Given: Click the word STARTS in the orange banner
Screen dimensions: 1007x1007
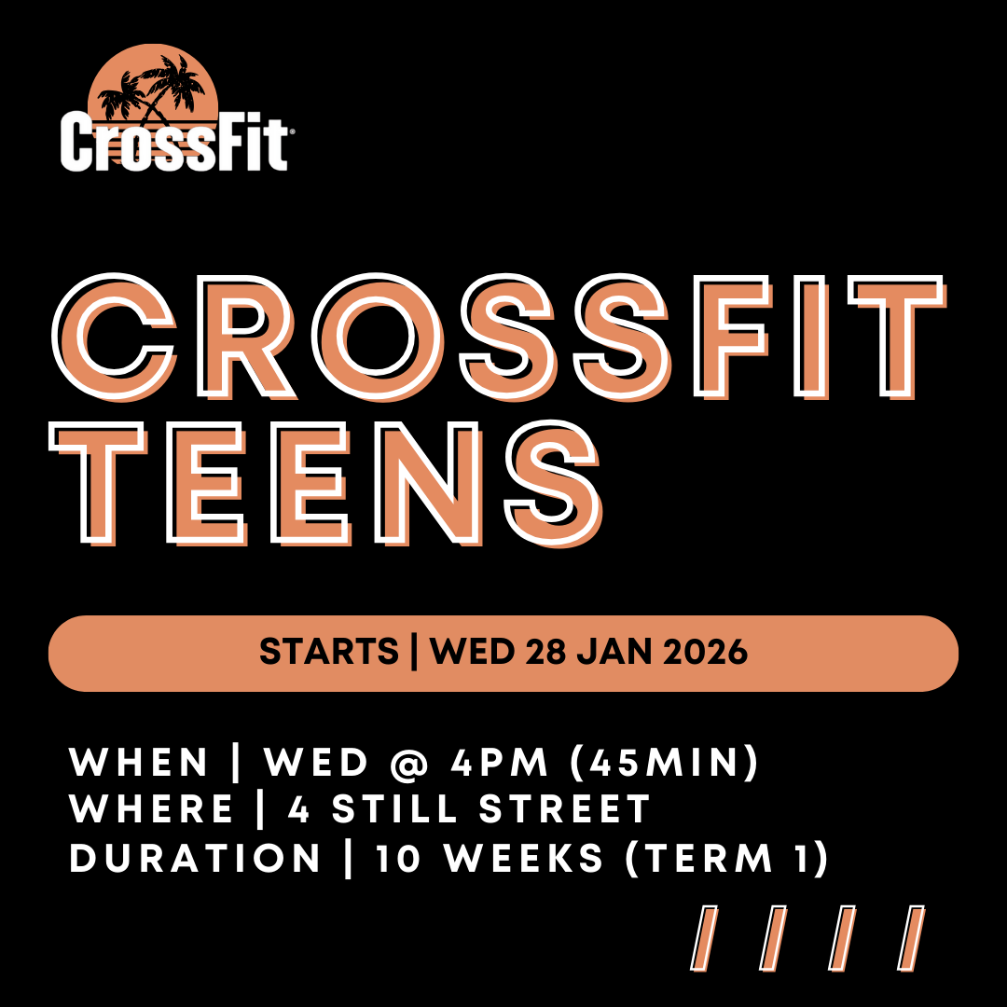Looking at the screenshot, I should (328, 653).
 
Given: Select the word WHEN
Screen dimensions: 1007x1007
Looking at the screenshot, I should (140, 764).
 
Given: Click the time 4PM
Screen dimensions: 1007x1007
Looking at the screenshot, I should (502, 764).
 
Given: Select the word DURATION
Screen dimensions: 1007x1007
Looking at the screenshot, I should (196, 859).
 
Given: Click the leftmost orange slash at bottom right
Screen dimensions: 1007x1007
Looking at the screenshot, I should (707, 938).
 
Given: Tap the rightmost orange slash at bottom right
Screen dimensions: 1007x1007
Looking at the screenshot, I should (912, 938).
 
